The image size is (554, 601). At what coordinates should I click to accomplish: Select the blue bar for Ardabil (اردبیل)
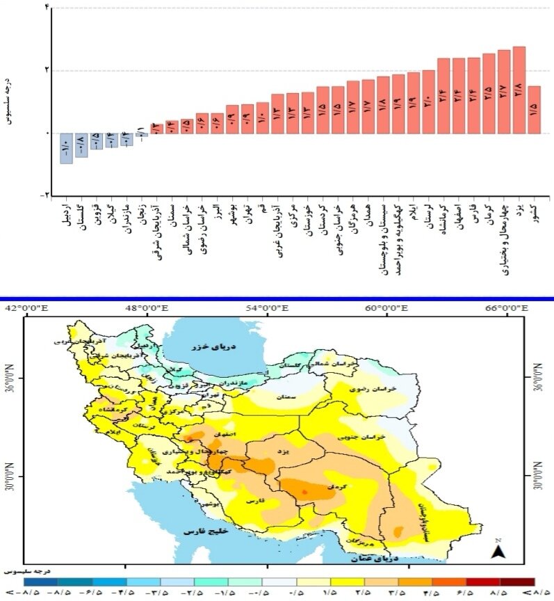point(66,148)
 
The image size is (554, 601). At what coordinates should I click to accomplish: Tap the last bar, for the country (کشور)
point(535,109)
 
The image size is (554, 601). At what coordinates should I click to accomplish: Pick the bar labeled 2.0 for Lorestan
point(428,102)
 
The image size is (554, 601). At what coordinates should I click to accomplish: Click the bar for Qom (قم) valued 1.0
point(262,118)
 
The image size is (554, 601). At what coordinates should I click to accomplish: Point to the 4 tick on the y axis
point(47,8)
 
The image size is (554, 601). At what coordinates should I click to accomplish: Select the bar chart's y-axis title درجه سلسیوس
point(10,102)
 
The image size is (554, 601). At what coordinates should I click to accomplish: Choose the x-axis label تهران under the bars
point(247,217)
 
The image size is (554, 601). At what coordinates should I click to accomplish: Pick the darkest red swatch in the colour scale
point(518,581)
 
